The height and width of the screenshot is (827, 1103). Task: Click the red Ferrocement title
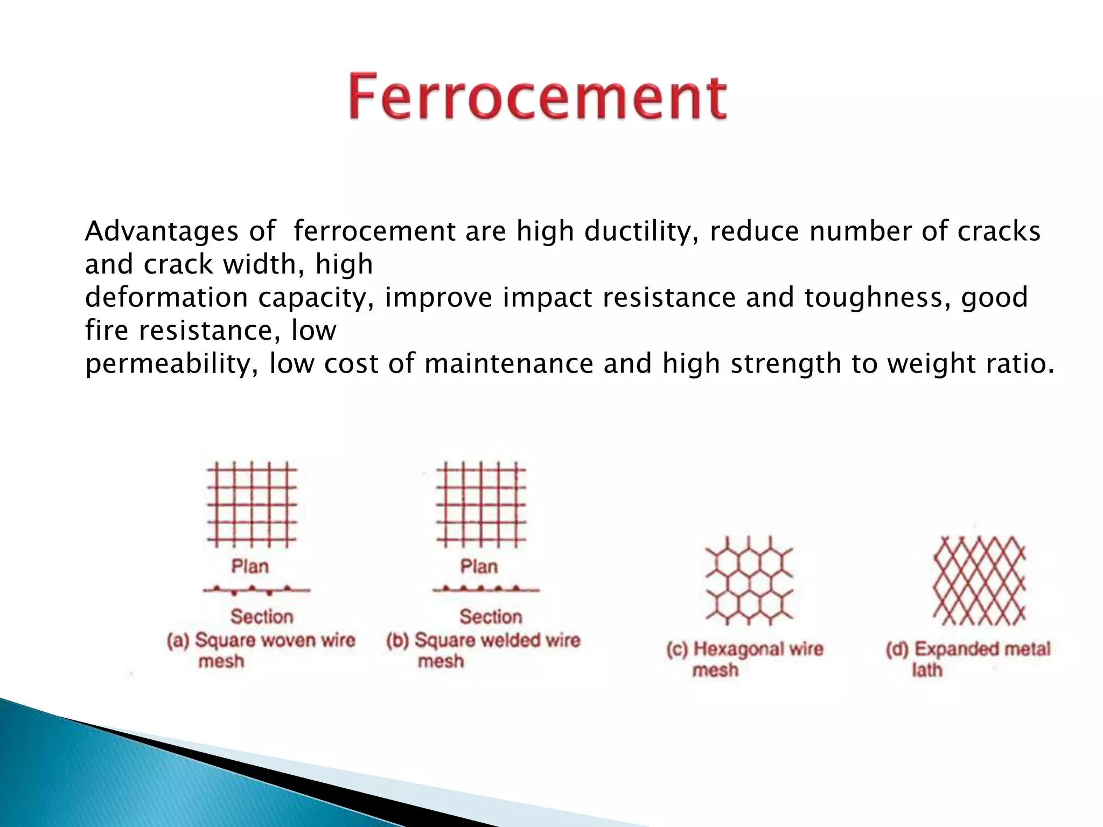click(x=537, y=97)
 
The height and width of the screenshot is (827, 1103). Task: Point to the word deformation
click(x=166, y=297)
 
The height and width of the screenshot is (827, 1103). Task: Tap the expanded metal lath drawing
click(x=979, y=580)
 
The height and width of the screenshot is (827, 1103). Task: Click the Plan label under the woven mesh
click(x=250, y=566)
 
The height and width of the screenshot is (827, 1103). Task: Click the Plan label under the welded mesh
click(x=479, y=566)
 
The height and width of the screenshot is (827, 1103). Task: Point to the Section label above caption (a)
click(x=262, y=616)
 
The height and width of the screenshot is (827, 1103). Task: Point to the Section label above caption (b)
click(x=491, y=616)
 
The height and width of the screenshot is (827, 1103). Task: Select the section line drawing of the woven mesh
click(x=256, y=590)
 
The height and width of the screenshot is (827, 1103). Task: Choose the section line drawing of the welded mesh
click(x=485, y=589)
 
